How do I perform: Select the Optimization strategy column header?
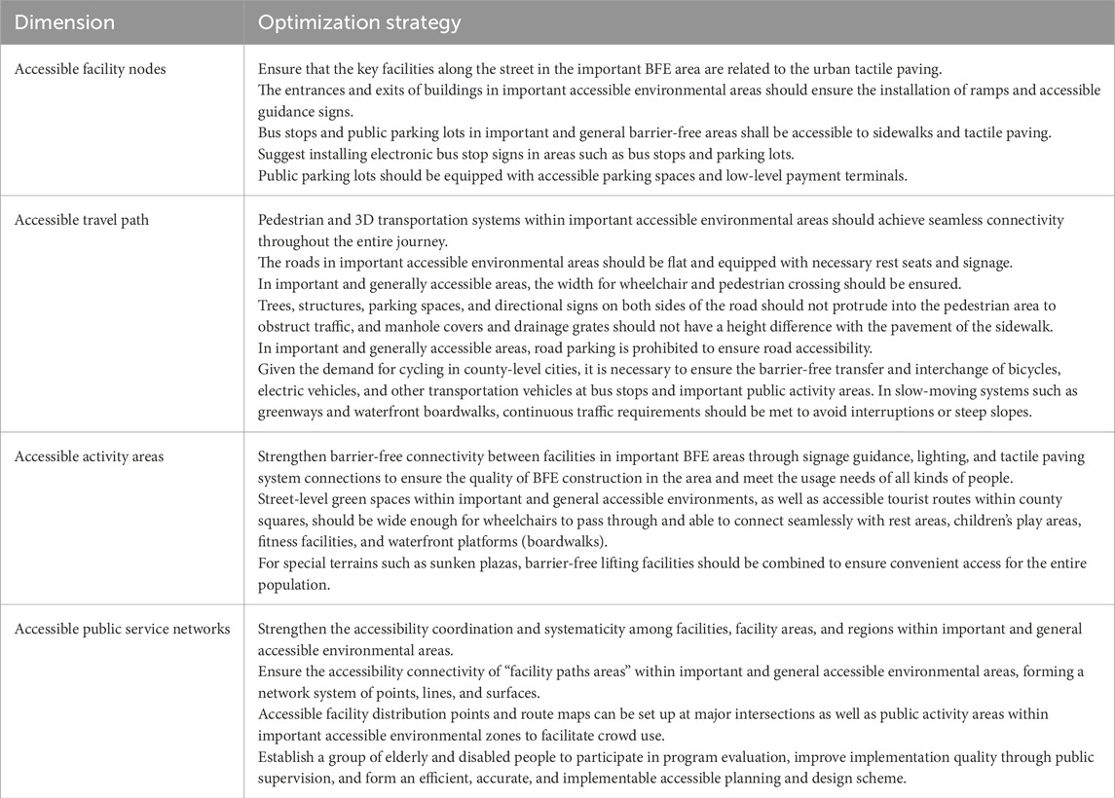359,21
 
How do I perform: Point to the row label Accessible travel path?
80,221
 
